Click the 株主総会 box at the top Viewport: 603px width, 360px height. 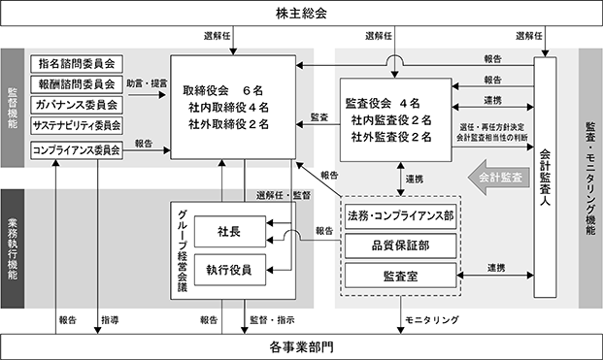301,14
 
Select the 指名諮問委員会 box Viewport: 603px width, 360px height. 77,64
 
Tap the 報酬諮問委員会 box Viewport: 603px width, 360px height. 77,84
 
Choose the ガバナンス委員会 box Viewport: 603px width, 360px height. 77,105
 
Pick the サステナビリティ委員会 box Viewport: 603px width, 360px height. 77,125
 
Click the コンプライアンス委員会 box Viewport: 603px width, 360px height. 77,150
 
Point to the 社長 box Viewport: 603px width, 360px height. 229,232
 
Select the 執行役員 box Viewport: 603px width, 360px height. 229,270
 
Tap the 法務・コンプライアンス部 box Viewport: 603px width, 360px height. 400,216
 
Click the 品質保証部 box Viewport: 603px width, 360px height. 400,245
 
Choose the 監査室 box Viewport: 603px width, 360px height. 400,276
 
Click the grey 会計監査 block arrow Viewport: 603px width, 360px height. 498,178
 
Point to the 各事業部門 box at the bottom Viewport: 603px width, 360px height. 301,347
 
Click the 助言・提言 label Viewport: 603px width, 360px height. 147,83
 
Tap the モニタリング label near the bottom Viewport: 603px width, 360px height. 432,319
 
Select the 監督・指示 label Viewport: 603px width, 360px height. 272,320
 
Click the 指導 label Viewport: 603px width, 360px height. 110,320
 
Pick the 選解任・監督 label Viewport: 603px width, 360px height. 284,196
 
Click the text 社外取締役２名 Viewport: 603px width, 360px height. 228,124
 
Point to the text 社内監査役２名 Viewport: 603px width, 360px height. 391,120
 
